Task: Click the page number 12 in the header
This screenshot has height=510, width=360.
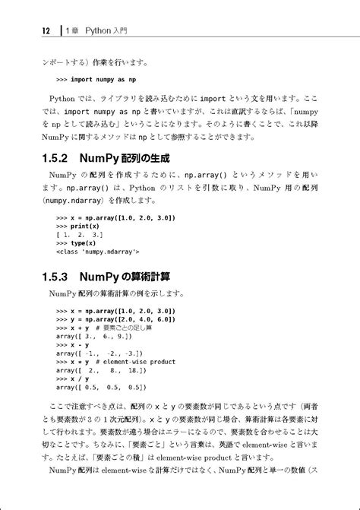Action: (x=46, y=31)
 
